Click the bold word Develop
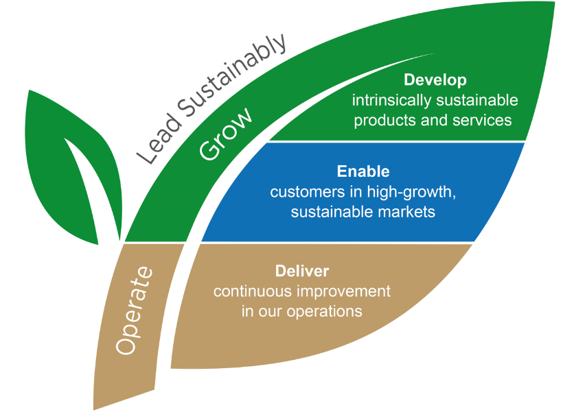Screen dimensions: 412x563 click(x=435, y=80)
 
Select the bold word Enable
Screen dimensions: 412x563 click(x=363, y=171)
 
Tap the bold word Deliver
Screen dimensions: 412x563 click(x=302, y=271)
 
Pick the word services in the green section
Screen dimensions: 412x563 click(x=481, y=120)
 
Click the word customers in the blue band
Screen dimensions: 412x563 click(x=302, y=192)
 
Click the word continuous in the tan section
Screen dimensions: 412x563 click(x=253, y=291)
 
